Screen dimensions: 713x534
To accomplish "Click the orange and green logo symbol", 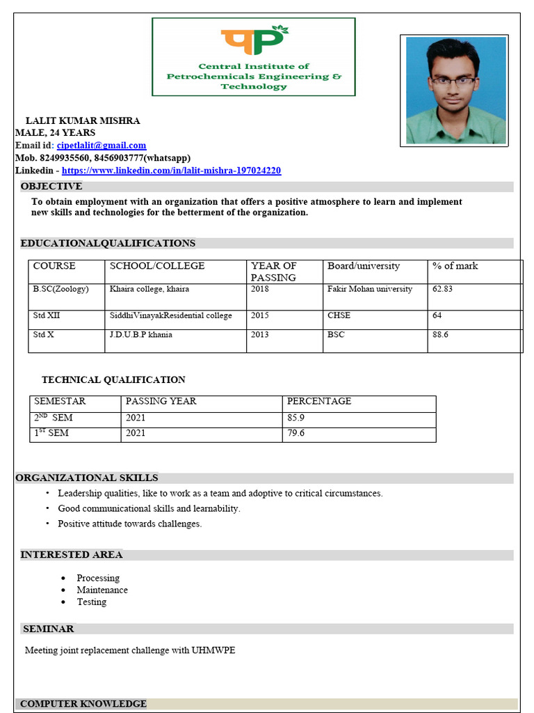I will [x=254, y=42].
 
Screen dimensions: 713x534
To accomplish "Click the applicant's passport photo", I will [x=455, y=90].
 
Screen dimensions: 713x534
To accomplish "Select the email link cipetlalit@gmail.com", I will [x=102, y=146].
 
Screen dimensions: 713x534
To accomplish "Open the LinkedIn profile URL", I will [x=171, y=171].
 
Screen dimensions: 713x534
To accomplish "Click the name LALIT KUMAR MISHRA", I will [x=83, y=120].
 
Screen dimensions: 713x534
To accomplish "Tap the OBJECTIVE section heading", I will [x=51, y=187].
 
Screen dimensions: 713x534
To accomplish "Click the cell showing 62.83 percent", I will [x=442, y=289].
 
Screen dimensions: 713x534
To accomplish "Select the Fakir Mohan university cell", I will [x=369, y=289].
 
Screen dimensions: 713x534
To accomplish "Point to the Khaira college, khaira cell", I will [x=149, y=289].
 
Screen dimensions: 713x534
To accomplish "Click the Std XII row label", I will [x=47, y=315].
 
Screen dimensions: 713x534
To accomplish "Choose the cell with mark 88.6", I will [x=440, y=335].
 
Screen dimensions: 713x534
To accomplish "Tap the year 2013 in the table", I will [x=260, y=335].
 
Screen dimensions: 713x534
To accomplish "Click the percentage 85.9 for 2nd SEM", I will [x=296, y=418].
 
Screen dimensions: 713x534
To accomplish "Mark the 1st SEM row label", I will [x=51, y=434].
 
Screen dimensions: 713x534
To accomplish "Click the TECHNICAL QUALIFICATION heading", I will [x=113, y=380].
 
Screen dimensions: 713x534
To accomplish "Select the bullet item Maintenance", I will [x=102, y=590].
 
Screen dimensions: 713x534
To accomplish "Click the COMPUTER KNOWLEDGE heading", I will [x=83, y=704].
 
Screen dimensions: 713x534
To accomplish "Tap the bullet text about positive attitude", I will [x=129, y=524].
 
